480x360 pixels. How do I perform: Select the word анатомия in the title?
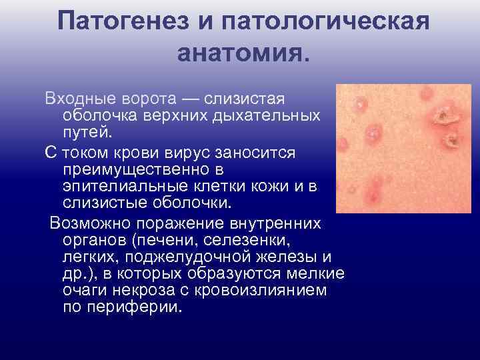coord(239,53)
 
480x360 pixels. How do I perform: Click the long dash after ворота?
coord(192,99)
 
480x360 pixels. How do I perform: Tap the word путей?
coord(83,129)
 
